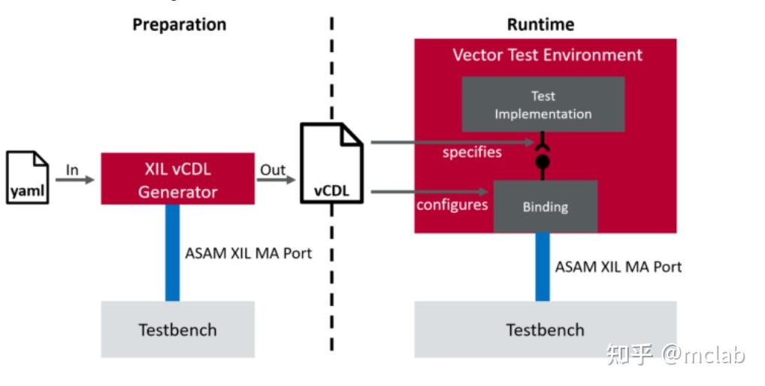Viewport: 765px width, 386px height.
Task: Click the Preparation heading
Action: pos(179,24)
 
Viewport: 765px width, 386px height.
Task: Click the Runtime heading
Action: pos(540,24)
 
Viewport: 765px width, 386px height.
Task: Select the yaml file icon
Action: pos(28,178)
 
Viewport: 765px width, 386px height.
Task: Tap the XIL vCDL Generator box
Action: pos(178,179)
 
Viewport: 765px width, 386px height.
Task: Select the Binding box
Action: pos(545,206)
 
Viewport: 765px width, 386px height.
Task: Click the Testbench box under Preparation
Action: pos(177,330)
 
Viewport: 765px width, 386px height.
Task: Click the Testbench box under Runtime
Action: pos(545,330)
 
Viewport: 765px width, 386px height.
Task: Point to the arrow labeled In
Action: pos(74,180)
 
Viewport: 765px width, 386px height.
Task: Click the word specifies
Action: pos(472,153)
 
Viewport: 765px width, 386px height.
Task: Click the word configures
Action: pos(452,205)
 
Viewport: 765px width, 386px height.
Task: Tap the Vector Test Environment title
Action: pos(547,55)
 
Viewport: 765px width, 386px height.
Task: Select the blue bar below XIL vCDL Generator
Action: pos(172,252)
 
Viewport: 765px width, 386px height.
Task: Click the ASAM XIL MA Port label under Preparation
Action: pos(248,253)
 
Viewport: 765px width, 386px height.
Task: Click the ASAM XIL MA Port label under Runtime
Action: pos(618,266)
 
